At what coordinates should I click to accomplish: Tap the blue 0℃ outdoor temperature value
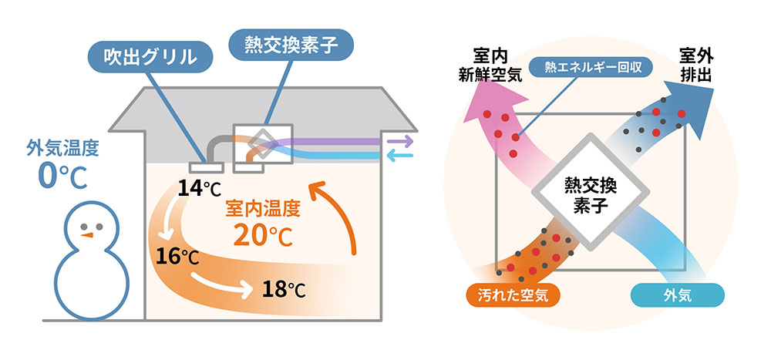pyautogui.click(x=58, y=174)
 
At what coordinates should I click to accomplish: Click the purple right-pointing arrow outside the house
pyautogui.click(x=399, y=141)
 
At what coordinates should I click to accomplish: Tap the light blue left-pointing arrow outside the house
pyautogui.click(x=399, y=156)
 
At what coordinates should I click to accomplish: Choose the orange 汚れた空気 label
pyautogui.click(x=512, y=294)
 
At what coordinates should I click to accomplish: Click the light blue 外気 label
pyautogui.click(x=678, y=294)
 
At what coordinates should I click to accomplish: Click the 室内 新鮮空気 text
pyautogui.click(x=491, y=65)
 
